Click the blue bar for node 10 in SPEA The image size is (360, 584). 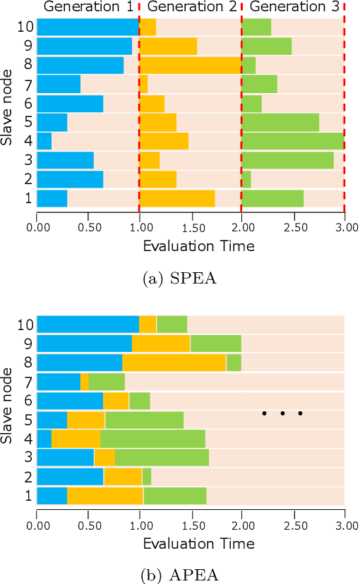click(x=88, y=28)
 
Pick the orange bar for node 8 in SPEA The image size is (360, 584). click(x=191, y=66)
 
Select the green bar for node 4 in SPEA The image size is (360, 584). click(x=292, y=140)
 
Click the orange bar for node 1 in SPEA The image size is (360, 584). click(x=177, y=197)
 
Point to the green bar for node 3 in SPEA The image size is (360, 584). click(x=287, y=159)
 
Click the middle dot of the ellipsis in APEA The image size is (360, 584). click(x=282, y=413)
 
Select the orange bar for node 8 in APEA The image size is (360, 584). click(x=174, y=363)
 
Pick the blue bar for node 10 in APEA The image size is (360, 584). click(x=88, y=324)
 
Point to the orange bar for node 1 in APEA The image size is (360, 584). click(x=105, y=496)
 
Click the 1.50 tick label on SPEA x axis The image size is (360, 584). click(x=191, y=226)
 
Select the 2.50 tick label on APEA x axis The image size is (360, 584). click(x=293, y=525)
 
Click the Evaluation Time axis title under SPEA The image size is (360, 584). click(x=191, y=246)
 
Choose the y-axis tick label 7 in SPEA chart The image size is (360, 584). click(x=28, y=85)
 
